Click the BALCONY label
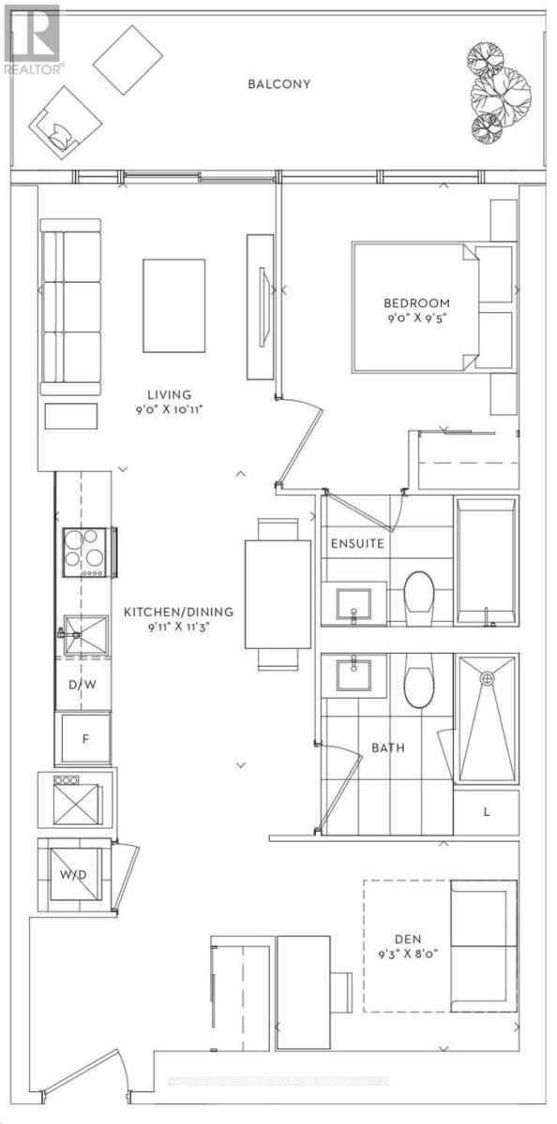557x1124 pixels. (278, 83)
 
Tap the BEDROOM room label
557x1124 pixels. (416, 303)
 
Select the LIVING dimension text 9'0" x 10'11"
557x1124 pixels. (169, 409)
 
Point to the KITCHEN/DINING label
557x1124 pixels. (178, 613)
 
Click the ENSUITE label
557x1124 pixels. (356, 542)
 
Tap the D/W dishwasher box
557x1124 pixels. (83, 686)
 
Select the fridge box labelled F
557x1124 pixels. (84, 739)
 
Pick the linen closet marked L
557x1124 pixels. (486, 811)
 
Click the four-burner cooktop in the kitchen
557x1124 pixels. (84, 553)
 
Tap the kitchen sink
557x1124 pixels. (86, 636)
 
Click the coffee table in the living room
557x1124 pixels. (173, 303)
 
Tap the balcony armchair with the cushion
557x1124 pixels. (64, 124)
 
